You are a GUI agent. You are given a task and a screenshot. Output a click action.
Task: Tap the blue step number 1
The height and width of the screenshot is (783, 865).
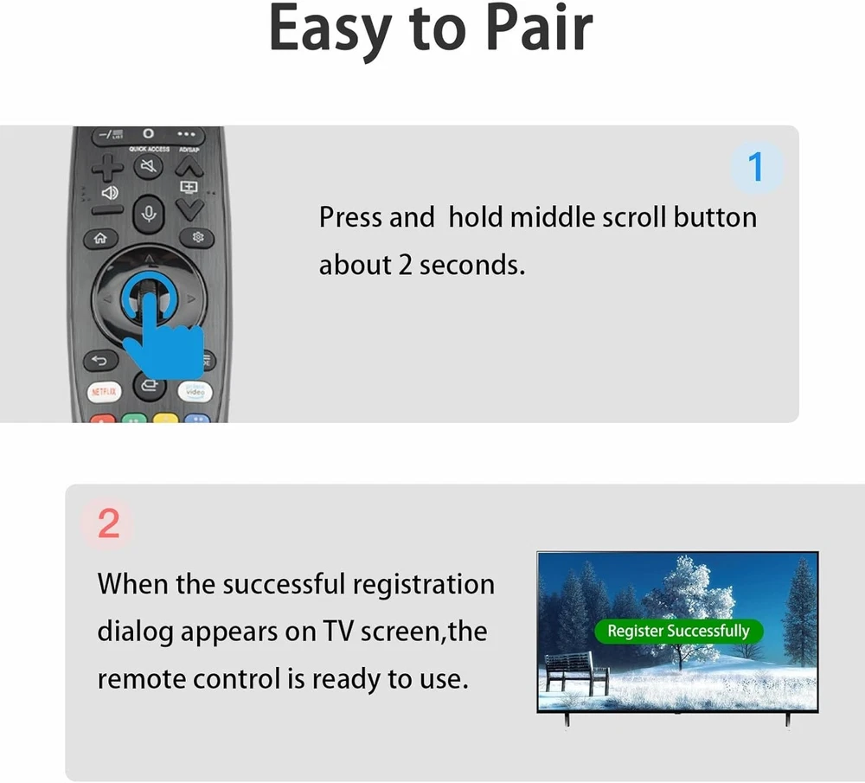click(x=755, y=167)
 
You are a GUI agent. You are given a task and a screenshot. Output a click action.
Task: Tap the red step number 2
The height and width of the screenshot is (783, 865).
click(x=108, y=523)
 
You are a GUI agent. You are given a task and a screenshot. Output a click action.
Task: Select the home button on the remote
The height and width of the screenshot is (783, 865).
click(x=99, y=239)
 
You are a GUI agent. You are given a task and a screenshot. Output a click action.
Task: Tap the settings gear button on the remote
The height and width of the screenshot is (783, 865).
click(x=197, y=237)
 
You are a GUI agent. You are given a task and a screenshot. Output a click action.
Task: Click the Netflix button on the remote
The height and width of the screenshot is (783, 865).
click(x=104, y=392)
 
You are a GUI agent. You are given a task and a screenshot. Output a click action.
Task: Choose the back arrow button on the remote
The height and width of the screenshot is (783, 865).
click(x=99, y=361)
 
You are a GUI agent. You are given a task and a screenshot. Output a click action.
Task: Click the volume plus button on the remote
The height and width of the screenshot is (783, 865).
click(x=107, y=167)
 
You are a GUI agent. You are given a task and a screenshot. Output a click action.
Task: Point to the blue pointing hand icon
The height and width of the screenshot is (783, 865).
click(x=161, y=331)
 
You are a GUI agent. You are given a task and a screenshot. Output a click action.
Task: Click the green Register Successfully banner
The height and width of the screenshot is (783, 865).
click(x=678, y=631)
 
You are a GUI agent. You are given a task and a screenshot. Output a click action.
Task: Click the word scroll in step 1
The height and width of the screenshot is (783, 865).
click(x=634, y=217)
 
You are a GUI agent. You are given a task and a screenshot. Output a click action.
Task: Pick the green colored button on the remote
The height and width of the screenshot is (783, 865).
click(x=134, y=419)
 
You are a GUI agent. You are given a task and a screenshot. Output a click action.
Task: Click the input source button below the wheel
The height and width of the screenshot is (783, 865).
click(x=149, y=385)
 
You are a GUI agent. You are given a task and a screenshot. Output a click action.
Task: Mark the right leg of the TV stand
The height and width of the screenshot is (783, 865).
click(x=788, y=720)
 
